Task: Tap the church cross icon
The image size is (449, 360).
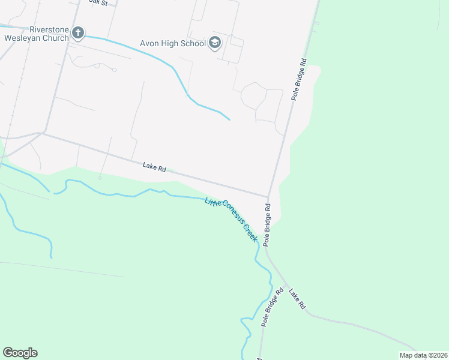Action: pos(78,32)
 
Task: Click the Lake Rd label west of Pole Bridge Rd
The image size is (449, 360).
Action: pos(154,167)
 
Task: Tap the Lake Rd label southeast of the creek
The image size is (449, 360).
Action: pos(297,299)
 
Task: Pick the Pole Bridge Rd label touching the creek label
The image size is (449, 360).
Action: pos(268,225)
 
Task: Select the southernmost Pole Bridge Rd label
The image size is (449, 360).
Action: pos(272,307)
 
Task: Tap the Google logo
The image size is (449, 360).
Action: pos(20,353)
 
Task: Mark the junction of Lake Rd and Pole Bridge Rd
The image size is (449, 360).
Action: pos(268,196)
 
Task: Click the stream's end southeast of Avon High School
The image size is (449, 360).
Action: pos(230,119)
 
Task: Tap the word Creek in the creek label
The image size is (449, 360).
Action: pos(250,232)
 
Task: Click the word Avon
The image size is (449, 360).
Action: pos(149,43)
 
